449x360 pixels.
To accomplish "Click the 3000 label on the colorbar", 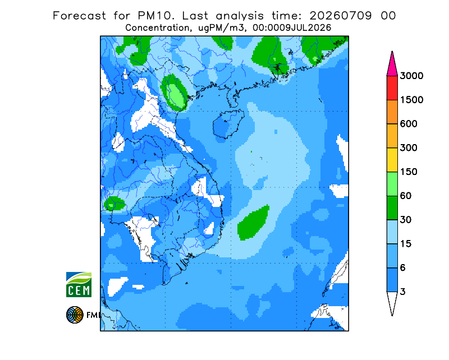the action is (x=411, y=76).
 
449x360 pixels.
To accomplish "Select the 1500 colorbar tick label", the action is (x=411, y=100).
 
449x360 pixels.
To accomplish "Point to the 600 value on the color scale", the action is (x=409, y=124).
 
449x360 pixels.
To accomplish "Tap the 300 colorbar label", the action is (x=409, y=148).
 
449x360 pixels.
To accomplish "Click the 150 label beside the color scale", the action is (x=409, y=172).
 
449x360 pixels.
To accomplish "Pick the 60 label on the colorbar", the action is (x=406, y=196).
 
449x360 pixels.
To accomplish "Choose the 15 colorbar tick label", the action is (x=406, y=244).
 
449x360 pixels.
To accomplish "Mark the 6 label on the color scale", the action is (x=403, y=268).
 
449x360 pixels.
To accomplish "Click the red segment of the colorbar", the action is (x=392, y=88).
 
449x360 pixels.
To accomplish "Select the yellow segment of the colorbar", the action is (x=392, y=160).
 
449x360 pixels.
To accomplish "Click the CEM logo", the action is (x=79, y=285).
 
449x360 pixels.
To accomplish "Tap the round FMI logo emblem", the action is (x=75, y=315).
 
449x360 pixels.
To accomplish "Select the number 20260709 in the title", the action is (x=341, y=16).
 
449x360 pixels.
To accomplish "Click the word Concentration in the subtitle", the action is (x=157, y=28).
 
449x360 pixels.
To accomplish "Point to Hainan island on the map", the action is (x=228, y=124).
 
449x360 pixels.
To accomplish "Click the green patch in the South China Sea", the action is (x=254, y=223).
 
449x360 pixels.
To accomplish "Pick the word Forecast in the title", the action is (x=79, y=16).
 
